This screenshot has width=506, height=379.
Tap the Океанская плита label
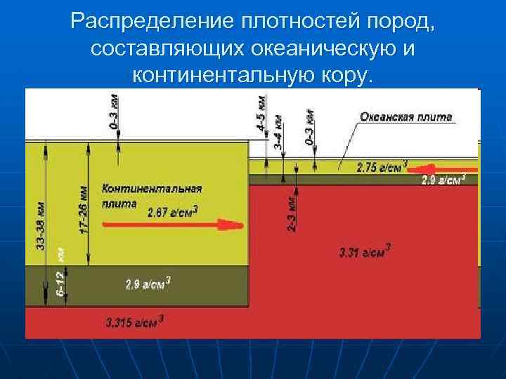[x=406, y=117]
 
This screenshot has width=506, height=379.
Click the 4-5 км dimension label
[x=261, y=112]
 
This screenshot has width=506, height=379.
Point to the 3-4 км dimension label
[x=278, y=131]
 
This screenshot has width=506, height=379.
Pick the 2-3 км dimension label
[x=292, y=213]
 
